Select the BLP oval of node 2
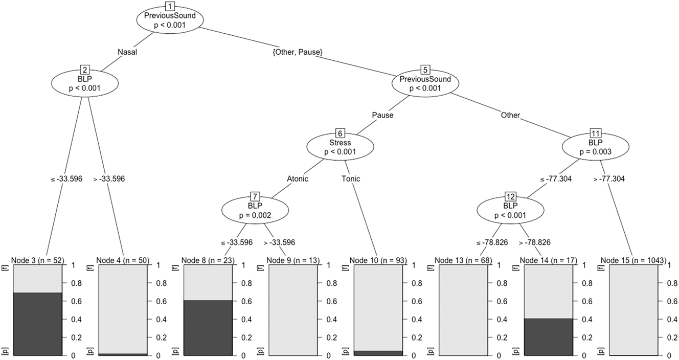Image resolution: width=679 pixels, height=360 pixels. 85,84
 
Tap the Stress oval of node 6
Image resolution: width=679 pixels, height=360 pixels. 340,148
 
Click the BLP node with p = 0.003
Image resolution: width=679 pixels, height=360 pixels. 596,148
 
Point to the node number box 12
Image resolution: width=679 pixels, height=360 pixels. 510,197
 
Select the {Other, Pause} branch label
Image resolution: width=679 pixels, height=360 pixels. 297,52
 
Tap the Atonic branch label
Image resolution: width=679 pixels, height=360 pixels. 298,179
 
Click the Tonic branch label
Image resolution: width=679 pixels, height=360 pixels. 351,179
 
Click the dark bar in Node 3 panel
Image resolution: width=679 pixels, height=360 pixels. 37,324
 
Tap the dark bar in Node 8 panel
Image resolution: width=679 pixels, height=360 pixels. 208,327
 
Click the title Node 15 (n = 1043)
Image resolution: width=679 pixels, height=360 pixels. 633,261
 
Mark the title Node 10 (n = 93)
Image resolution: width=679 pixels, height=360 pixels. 378,261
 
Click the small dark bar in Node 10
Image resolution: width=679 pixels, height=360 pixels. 378,353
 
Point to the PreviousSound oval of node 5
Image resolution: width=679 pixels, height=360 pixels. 425,84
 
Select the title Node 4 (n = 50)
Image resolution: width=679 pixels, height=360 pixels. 123,261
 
